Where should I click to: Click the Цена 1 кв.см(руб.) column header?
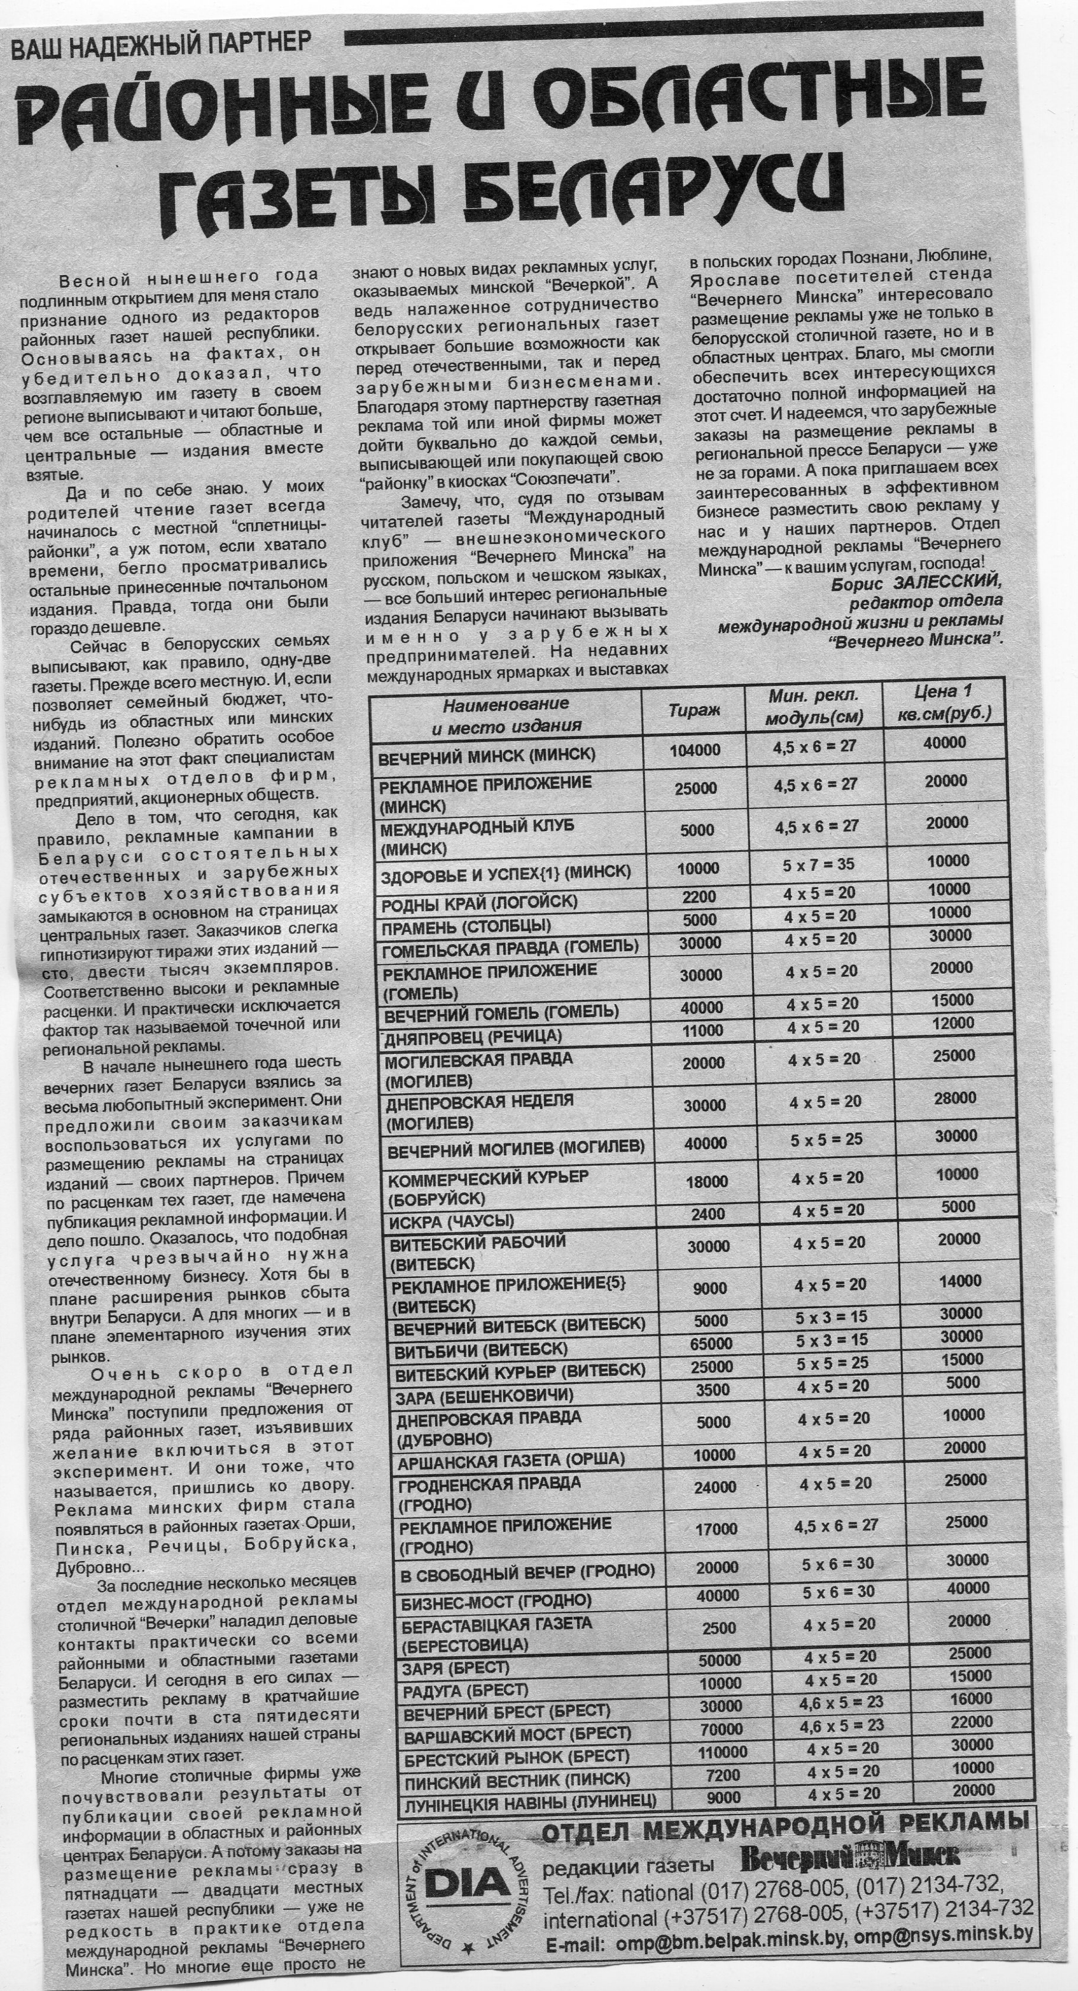click(944, 702)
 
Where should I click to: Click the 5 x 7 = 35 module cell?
click(818, 865)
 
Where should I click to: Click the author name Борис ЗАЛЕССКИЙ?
click(916, 582)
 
